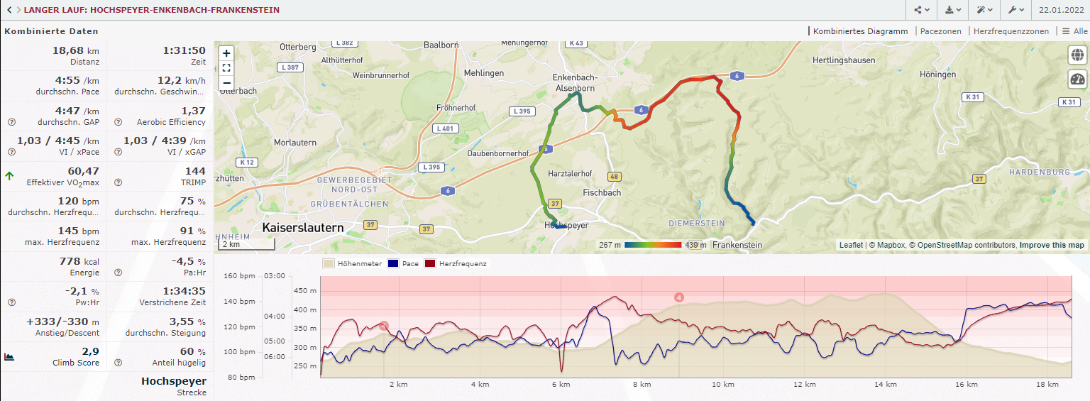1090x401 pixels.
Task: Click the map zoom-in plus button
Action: tap(226, 53)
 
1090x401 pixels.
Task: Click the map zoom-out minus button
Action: tap(226, 82)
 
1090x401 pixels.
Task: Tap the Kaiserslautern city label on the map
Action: tap(303, 228)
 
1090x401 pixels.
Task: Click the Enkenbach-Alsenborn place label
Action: tap(575, 82)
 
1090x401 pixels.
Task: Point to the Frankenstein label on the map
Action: tap(737, 245)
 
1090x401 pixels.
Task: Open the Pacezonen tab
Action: tap(940, 31)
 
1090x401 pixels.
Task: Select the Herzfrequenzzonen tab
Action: tap(1011, 31)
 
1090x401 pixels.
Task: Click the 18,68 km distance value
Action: tap(77, 50)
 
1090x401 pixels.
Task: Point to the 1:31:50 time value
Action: tap(184, 50)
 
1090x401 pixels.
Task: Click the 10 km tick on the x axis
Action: tap(722, 384)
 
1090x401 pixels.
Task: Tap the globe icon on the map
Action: tap(1077, 55)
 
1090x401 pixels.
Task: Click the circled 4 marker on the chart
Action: tap(679, 297)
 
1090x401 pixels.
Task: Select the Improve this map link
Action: tap(1052, 245)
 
